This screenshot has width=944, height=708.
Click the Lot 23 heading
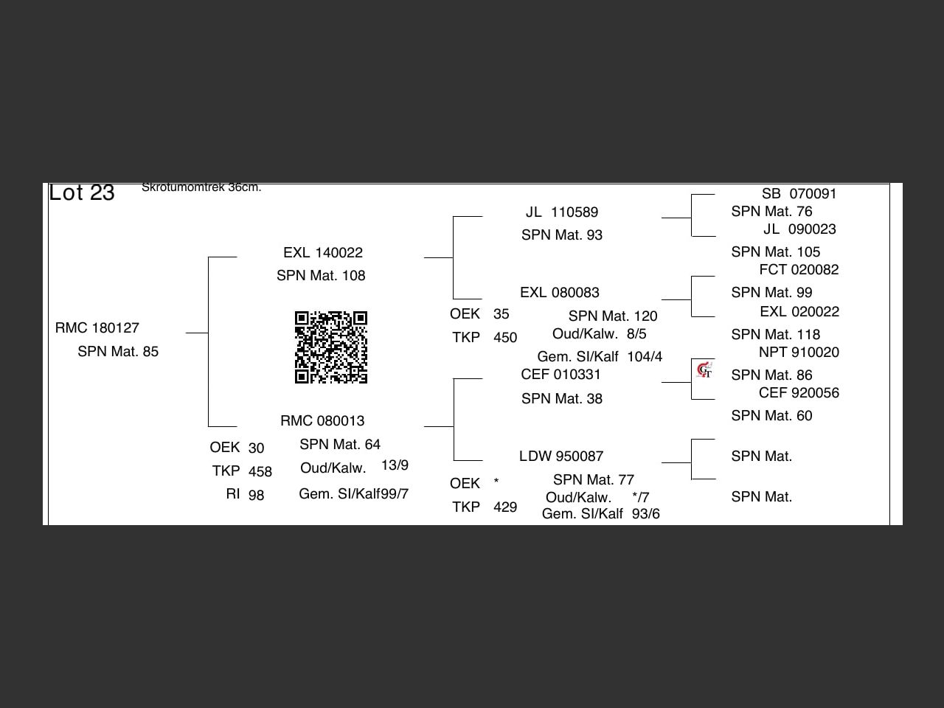(82, 192)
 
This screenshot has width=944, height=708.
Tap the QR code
(331, 347)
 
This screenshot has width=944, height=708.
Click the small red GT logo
(704, 370)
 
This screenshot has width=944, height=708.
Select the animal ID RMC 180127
(97, 328)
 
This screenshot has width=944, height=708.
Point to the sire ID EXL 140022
(323, 253)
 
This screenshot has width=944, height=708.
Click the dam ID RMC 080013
(322, 420)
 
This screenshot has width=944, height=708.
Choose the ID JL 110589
(562, 212)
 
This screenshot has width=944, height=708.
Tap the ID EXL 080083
(560, 292)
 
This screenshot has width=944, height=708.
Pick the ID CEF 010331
(560, 375)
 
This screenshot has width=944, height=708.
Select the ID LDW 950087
(561, 456)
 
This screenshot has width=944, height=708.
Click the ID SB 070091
(799, 194)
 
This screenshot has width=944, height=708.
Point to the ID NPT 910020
(799, 353)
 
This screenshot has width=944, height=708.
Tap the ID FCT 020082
(799, 269)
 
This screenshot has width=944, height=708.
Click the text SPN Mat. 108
(321, 276)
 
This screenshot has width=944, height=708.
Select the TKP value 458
(260, 471)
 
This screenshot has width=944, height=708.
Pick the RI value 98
(257, 495)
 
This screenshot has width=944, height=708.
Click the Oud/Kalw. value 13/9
(395, 465)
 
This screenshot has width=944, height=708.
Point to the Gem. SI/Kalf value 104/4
(645, 357)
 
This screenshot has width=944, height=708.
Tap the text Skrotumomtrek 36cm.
(201, 187)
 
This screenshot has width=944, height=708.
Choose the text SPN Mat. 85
(118, 352)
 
